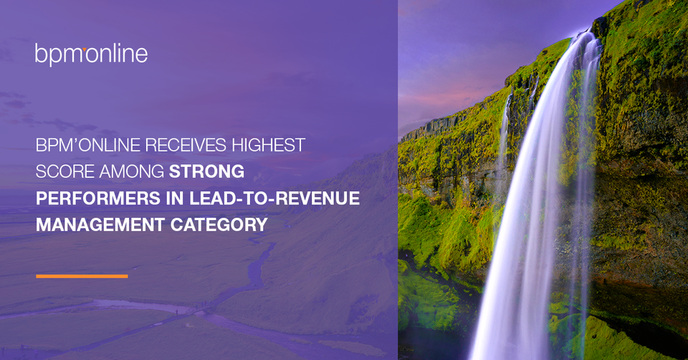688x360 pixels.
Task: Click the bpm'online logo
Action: (91, 55)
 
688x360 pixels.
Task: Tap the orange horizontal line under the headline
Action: (82, 276)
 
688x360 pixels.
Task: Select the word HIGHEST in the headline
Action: (269, 146)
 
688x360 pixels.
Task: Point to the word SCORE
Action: (65, 171)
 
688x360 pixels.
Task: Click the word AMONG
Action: (132, 171)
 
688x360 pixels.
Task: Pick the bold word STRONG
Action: (206, 171)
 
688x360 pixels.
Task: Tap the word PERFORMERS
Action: (98, 199)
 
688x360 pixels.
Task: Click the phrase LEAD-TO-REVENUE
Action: (274, 199)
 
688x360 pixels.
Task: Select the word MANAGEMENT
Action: (100, 224)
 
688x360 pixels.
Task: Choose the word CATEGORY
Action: (219, 224)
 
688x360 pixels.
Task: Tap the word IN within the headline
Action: (175, 199)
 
